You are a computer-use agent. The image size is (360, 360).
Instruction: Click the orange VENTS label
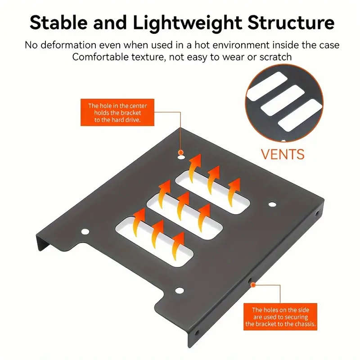click(283, 153)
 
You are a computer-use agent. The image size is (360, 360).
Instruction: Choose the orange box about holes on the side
click(280, 316)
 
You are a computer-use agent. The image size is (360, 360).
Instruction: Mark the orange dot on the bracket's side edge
click(253, 284)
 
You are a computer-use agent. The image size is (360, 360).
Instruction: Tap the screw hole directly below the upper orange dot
click(180, 158)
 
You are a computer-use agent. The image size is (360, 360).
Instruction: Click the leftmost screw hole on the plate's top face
click(85, 232)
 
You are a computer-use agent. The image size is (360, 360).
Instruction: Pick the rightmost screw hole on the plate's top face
click(271, 204)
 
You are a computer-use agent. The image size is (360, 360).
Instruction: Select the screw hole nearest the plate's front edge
click(179, 290)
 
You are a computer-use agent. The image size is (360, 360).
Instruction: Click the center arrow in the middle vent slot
click(183, 203)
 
